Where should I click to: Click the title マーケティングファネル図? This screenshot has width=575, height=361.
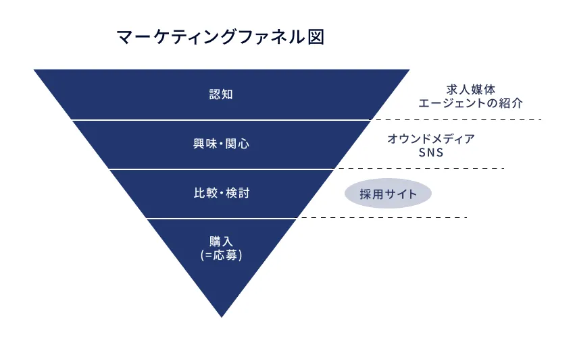(x=220, y=38)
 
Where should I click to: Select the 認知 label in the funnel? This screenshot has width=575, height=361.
(x=221, y=94)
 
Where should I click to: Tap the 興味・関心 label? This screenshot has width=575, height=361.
(x=221, y=144)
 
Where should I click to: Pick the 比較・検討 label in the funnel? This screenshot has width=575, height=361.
(x=221, y=194)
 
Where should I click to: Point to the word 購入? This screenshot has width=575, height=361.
(x=221, y=241)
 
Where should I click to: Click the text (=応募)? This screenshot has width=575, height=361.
(x=221, y=256)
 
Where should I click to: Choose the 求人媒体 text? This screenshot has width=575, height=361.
(x=471, y=89)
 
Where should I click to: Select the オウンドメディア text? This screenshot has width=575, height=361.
(x=431, y=138)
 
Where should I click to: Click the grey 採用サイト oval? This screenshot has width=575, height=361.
(x=388, y=194)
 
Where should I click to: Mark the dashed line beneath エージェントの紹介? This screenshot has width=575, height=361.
(x=459, y=119)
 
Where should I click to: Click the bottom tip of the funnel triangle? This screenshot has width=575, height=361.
(x=222, y=315)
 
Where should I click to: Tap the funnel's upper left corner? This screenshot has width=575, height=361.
(x=36, y=70)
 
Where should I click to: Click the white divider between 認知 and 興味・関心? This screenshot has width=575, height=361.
(x=221, y=119)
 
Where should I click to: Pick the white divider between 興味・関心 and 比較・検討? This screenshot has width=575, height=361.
(x=221, y=169)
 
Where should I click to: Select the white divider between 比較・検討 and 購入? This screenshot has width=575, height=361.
(x=221, y=218)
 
